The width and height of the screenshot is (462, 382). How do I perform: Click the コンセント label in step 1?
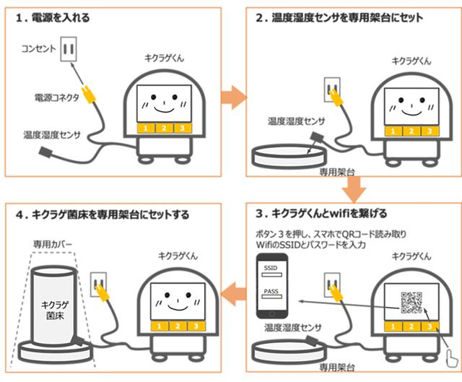37,48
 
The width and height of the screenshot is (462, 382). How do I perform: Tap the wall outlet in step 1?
69,50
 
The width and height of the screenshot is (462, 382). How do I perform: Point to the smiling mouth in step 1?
165,108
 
